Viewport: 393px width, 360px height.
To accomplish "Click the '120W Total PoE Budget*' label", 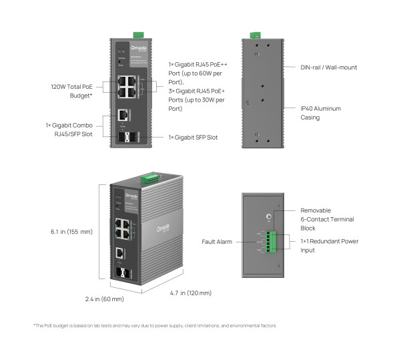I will (x=72, y=91).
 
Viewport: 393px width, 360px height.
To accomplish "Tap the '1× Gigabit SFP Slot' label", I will (x=193, y=137).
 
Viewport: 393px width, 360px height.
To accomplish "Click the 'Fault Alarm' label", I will (x=217, y=241).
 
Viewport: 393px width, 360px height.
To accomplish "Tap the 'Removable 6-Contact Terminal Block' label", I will (x=327, y=218).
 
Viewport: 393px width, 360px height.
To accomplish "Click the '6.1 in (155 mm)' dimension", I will (x=71, y=232).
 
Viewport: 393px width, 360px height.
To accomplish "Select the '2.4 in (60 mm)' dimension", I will (x=105, y=299).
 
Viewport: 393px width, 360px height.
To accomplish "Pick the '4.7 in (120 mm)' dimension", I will (x=190, y=293).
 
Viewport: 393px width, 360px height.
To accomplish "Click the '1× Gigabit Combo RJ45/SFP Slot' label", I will (x=72, y=130).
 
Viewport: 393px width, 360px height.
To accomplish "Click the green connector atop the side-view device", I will (x=254, y=35).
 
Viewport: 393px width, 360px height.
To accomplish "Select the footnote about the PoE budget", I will (x=154, y=325).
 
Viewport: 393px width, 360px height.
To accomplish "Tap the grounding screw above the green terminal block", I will (x=268, y=216).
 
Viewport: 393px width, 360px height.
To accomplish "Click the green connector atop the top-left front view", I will (x=138, y=33).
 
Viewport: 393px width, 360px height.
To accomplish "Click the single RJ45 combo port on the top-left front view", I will (x=123, y=115).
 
